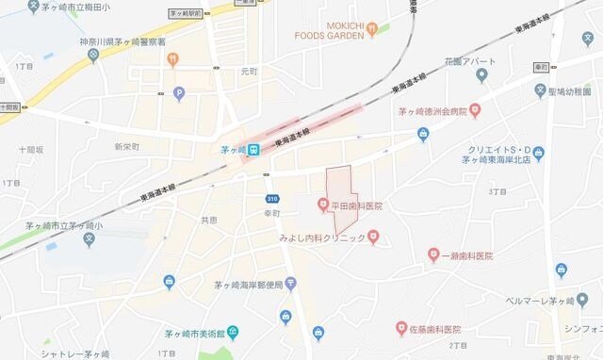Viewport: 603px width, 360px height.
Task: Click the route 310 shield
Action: tap(271, 198)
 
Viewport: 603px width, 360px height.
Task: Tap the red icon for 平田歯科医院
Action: tap(322, 205)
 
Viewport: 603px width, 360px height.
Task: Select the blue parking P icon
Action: tap(179, 94)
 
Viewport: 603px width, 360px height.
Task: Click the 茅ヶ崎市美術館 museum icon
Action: tap(232, 333)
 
